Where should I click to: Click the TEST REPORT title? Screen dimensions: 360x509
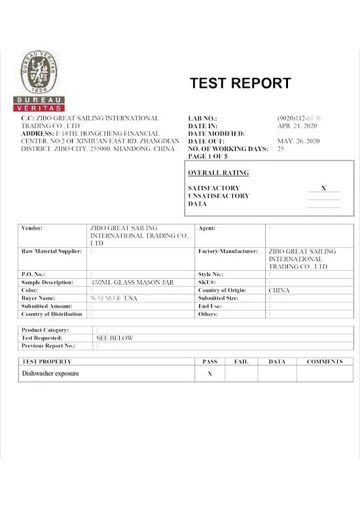[240, 84]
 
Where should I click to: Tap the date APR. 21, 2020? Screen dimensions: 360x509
[297, 126]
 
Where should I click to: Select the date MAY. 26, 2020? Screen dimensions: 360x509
[298, 141]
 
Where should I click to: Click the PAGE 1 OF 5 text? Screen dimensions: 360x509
[207, 157]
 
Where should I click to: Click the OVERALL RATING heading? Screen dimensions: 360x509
[218, 173]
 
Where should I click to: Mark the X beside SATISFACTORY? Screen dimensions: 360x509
[323, 188]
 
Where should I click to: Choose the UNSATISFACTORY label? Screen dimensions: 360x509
[218, 196]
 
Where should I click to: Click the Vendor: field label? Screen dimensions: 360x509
[32, 228]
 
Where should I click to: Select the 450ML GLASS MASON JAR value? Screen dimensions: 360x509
[132, 283]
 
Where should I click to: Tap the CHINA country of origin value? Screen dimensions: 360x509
[279, 290]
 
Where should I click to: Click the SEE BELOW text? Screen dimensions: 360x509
[115, 338]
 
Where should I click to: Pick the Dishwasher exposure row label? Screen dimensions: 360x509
[50, 374]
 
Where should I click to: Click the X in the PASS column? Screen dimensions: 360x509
[210, 374]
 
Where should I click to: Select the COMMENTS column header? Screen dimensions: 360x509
[325, 361]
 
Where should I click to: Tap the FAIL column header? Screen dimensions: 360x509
[241, 361]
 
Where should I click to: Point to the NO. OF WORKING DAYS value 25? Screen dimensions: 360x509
[281, 149]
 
